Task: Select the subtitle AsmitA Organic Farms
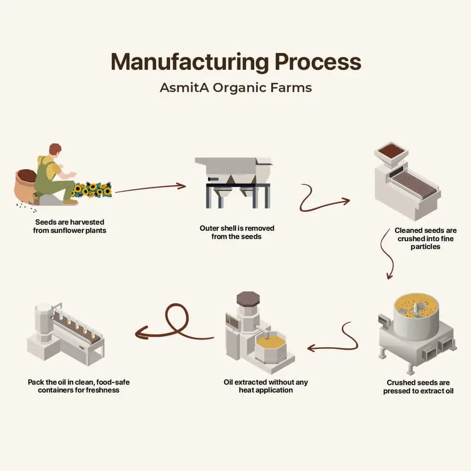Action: click(235, 88)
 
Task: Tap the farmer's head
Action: click(55, 150)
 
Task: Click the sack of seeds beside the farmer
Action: click(26, 185)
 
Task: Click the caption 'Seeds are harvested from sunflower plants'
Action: click(69, 226)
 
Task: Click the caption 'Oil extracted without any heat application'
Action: click(266, 386)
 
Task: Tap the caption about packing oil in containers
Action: click(79, 386)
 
